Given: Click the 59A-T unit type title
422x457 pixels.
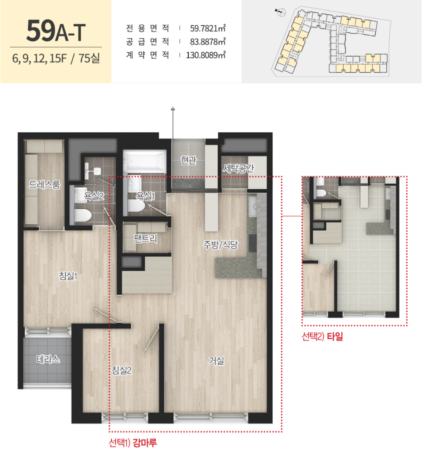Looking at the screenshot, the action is click(x=56, y=31).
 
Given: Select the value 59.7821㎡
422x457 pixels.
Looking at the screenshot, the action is click(x=208, y=28).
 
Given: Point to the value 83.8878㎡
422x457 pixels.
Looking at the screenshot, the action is click(x=208, y=42).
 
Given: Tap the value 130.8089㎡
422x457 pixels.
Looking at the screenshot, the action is click(x=205, y=55).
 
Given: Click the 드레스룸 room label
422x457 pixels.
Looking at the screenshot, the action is click(x=44, y=184).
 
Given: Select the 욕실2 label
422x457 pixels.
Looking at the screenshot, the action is click(x=94, y=196).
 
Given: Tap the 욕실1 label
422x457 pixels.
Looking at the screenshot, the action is click(x=145, y=196).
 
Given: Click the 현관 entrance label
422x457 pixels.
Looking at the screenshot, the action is click(x=188, y=160).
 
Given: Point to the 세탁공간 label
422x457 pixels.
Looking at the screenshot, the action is click(x=238, y=168).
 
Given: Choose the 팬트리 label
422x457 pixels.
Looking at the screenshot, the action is click(x=145, y=238).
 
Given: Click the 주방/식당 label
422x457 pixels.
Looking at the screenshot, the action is click(x=220, y=244).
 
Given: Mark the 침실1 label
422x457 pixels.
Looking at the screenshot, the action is click(x=68, y=276).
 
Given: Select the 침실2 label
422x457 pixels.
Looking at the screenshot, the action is click(x=122, y=370).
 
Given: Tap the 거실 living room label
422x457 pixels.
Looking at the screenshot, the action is click(x=217, y=361).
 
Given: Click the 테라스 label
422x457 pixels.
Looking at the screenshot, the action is click(x=48, y=359).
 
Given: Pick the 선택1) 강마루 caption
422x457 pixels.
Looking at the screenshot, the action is click(x=133, y=443).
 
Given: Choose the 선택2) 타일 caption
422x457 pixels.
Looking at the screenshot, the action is click(x=322, y=336).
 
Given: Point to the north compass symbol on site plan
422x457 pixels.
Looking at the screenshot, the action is click(x=281, y=12).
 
